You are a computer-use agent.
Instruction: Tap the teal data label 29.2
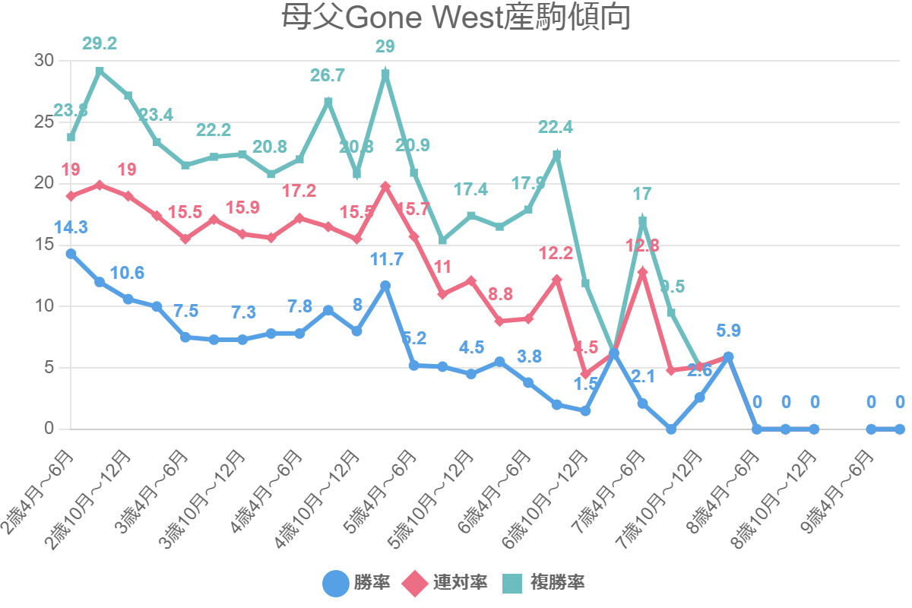[x=100, y=44]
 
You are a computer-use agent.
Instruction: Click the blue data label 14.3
[x=71, y=226]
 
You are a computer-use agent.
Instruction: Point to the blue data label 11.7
[x=386, y=259]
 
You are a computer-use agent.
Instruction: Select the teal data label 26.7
[x=328, y=75]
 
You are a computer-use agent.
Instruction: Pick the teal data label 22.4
[x=556, y=128]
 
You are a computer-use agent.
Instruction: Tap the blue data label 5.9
[x=728, y=331]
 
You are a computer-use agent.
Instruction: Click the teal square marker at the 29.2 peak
[x=100, y=71]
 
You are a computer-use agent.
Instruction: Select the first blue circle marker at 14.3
[x=71, y=254]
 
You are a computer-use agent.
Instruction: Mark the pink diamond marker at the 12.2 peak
[x=557, y=280]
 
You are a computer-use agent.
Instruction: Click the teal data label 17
[x=643, y=195]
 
